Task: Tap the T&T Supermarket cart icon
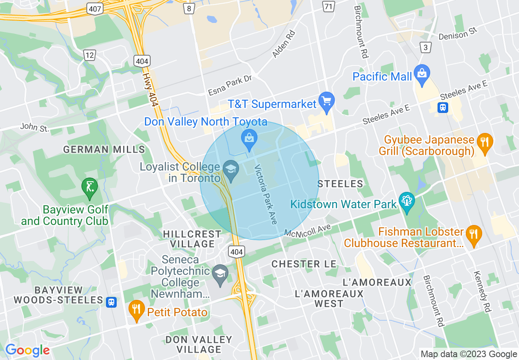(327, 101)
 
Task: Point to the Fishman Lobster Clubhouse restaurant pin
(474, 234)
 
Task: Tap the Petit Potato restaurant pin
(136, 309)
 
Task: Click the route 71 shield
(327, 6)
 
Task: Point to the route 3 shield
(426, 47)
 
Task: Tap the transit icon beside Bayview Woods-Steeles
(111, 302)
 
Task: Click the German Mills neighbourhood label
(104, 149)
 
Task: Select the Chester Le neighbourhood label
(304, 264)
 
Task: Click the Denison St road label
(458, 35)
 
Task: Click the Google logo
(27, 350)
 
